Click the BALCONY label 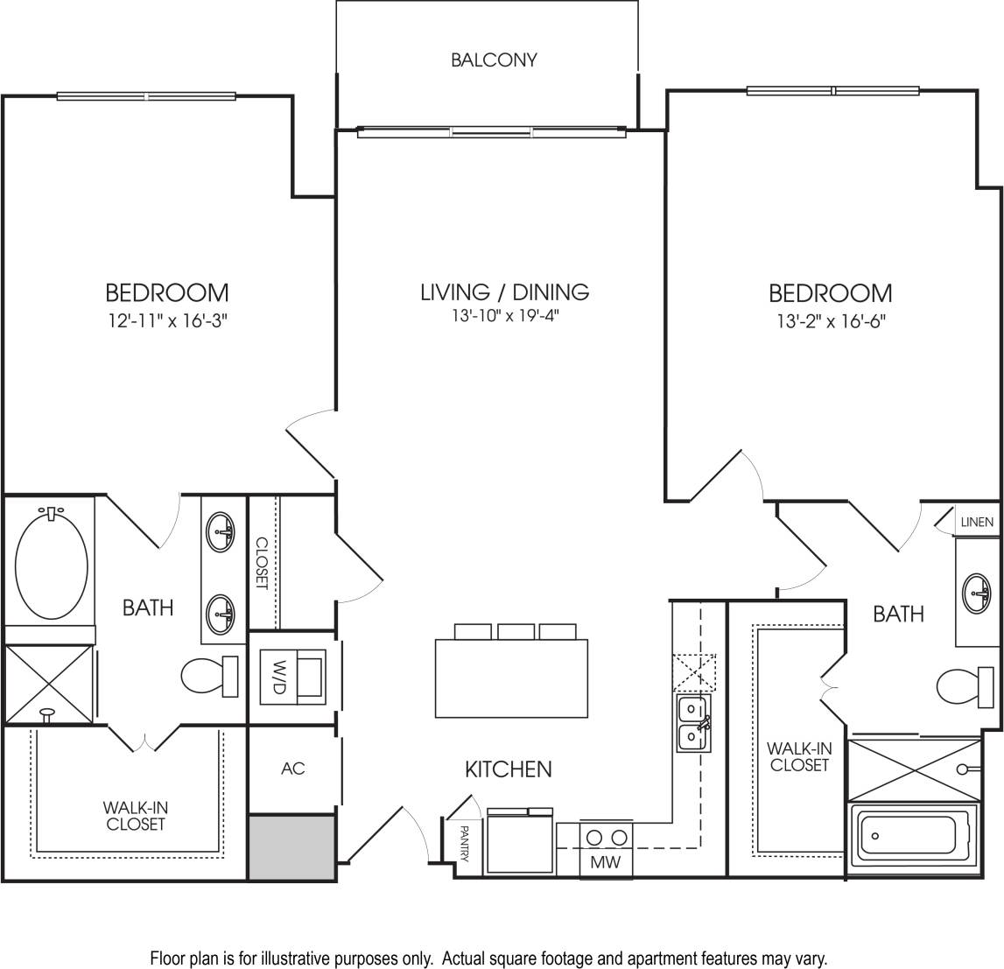click(494, 60)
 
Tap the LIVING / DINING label click(504, 291)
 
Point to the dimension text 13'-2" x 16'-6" click(830, 320)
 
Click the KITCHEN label click(508, 769)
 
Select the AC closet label click(293, 769)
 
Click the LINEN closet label click(977, 523)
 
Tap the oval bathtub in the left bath click(53, 564)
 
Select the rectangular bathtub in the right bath click(915, 836)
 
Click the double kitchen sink click(693, 723)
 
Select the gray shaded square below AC click(291, 846)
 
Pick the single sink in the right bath click(979, 593)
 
